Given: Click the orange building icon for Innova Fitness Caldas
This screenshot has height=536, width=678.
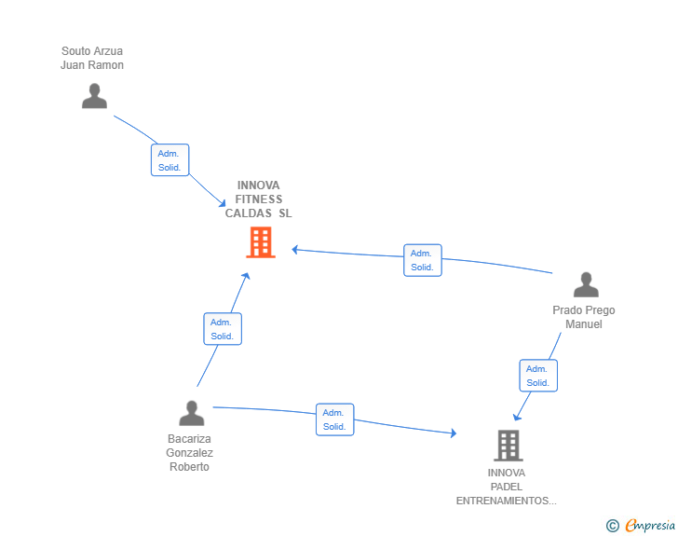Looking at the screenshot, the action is coord(261,242).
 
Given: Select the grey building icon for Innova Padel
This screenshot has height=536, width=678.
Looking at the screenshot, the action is coord(508,446).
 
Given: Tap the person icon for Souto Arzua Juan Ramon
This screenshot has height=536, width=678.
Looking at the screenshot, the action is coord(94,96).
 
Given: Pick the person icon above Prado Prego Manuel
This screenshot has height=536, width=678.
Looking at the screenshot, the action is coord(586,284).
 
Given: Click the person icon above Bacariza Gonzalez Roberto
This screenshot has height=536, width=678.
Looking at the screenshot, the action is coord(192,413).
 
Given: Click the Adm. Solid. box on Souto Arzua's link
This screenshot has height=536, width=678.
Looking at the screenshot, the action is coord(169,160).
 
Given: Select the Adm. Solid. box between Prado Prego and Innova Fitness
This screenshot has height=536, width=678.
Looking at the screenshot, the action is coord(423,260).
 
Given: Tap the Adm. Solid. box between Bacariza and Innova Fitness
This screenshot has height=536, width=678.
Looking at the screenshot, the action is coord(223,329).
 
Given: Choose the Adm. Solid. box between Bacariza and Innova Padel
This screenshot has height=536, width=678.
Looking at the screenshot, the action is coord(334,419).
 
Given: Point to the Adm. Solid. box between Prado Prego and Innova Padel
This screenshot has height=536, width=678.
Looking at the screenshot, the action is coord(538,376).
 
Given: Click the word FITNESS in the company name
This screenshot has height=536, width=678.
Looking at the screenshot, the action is coord(259,199).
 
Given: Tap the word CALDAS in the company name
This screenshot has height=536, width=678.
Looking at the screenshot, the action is coord(248,213).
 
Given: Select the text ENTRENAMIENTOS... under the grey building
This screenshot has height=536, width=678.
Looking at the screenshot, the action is coord(507,501).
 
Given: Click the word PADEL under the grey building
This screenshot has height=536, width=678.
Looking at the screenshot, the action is coord(507,487).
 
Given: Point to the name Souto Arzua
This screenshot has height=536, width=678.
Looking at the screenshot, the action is coord(92,51).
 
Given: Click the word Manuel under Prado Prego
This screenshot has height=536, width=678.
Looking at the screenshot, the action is coord(584,324).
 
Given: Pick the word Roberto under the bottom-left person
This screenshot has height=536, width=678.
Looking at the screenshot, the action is coord(189,467).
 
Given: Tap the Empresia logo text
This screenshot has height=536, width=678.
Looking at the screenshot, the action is coord(650,525).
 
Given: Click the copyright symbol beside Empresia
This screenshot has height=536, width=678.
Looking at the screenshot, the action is coord(612,526).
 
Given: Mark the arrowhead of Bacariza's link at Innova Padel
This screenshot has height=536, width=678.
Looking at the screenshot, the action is coord(454,433).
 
